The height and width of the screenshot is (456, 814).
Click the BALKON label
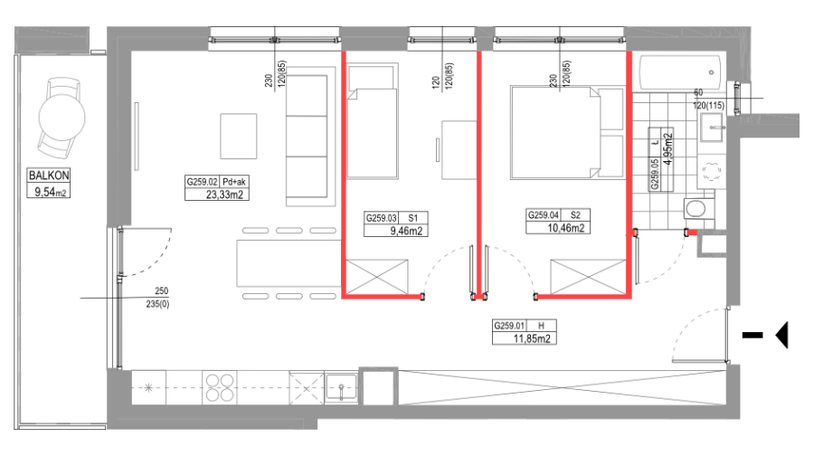click(49, 176)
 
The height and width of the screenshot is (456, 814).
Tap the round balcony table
click(62, 118)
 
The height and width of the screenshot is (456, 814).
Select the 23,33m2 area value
click(224, 195)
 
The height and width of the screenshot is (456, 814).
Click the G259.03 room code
click(381, 218)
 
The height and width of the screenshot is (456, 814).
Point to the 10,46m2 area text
click(566, 228)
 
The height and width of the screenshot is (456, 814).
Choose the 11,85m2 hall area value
click(532, 339)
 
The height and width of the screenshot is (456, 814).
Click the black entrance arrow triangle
click(781, 335)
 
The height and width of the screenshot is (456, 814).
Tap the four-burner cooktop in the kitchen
click(220, 388)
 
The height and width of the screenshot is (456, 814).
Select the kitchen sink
click(341, 388)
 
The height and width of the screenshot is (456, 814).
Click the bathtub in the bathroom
click(680, 72)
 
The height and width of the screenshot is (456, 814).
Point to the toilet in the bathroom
click(696, 209)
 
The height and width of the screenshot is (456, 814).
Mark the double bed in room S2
click(567, 132)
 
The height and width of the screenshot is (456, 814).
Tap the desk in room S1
click(459, 150)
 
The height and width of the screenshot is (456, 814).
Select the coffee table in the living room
click(238, 136)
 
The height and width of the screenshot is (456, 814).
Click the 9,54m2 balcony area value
click(50, 192)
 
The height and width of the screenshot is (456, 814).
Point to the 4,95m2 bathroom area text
click(668, 149)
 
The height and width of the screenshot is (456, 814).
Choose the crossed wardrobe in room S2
click(588, 277)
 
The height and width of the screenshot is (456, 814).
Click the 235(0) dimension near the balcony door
click(157, 304)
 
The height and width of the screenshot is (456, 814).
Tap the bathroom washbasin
click(712, 128)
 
